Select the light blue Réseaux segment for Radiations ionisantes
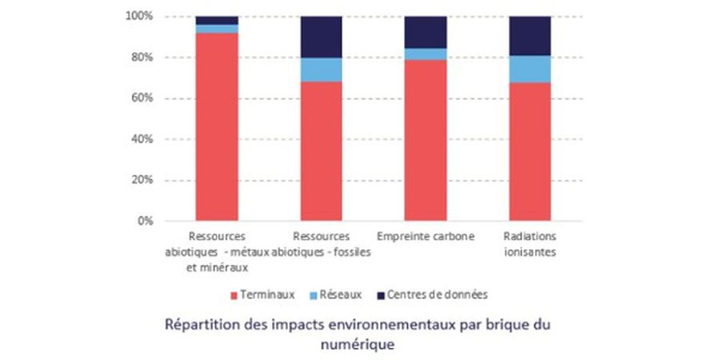tap(530, 69)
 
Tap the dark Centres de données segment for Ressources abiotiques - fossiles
tap(322, 37)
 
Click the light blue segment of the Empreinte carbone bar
tap(426, 54)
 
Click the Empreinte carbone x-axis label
tap(426, 237)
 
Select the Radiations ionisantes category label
tap(530, 244)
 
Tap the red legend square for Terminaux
tap(234, 295)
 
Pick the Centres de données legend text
tap(438, 295)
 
